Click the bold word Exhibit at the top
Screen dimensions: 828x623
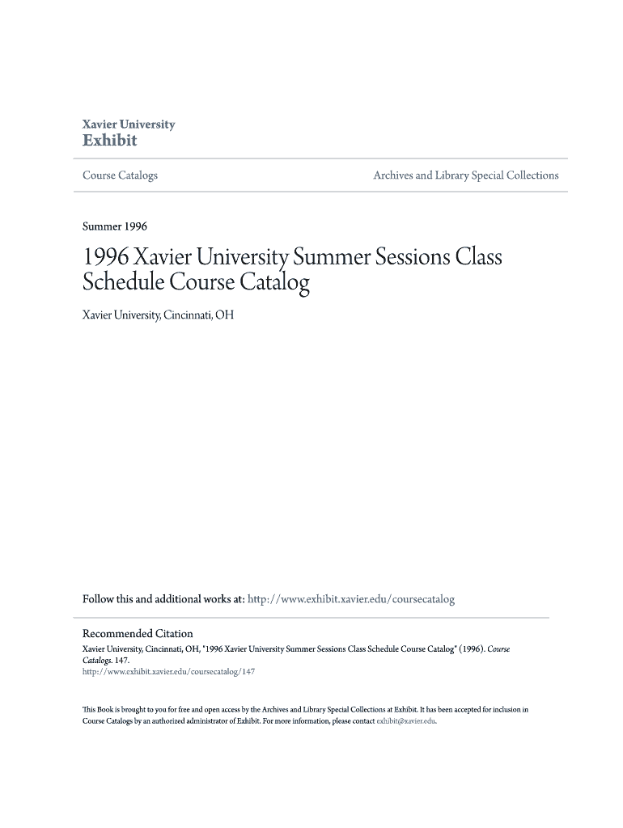(110, 141)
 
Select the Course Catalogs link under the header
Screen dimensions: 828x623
(121, 175)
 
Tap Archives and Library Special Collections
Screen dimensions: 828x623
(465, 175)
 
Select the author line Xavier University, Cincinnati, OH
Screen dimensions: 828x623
(159, 315)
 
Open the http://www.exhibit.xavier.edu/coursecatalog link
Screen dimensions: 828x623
(350, 600)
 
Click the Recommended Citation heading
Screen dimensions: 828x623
(138, 634)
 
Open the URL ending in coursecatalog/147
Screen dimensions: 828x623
(169, 671)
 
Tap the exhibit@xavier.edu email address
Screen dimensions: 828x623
(406, 721)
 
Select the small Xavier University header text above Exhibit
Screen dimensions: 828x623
(129, 125)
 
